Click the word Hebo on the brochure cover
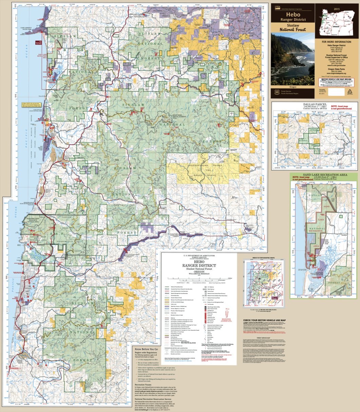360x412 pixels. tap(292, 15)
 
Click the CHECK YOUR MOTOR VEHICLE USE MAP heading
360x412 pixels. tap(265, 320)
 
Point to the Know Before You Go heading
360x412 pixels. tap(147, 349)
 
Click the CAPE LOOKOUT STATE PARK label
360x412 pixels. tap(29, 29)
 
